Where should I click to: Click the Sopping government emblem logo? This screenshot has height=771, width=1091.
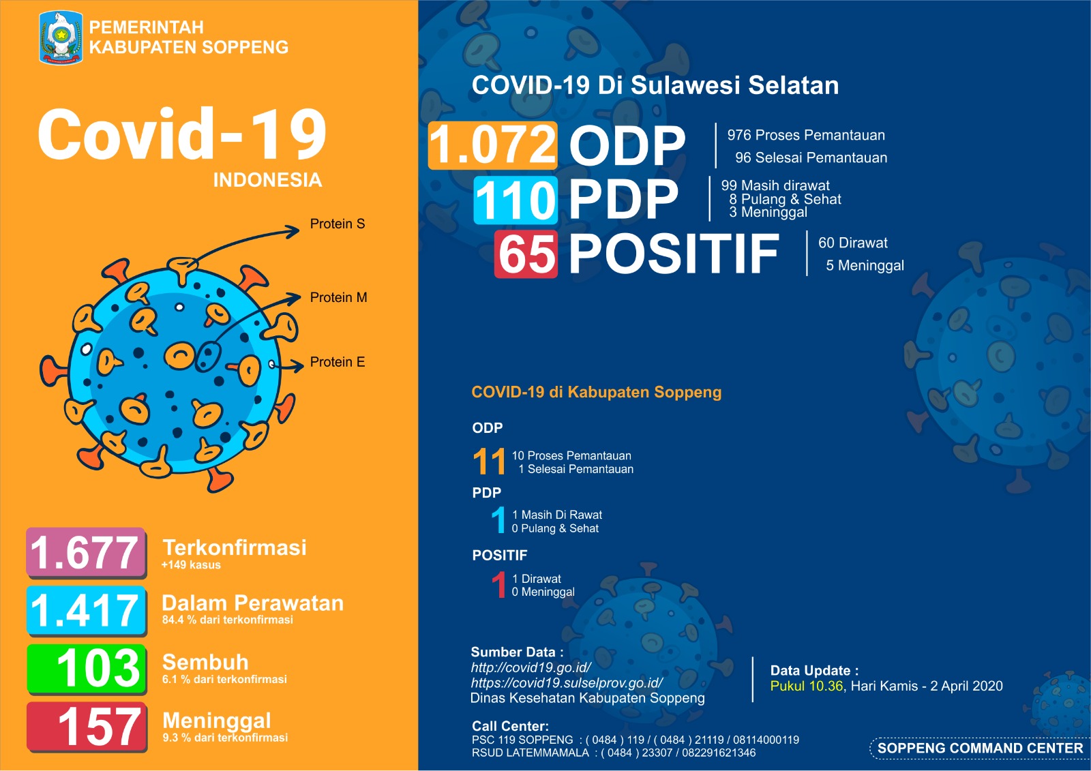click(61, 38)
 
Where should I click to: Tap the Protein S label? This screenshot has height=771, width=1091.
click(337, 224)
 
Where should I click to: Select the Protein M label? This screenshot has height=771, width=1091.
click(338, 297)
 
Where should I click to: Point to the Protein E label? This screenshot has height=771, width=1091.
click(337, 362)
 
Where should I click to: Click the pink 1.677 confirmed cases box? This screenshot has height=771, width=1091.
click(86, 552)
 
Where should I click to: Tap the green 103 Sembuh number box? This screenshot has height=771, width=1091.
click(87, 668)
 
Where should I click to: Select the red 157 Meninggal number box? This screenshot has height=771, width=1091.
click(87, 727)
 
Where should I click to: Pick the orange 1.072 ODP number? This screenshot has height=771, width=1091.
click(492, 145)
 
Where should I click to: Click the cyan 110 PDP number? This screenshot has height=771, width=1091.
click(515, 200)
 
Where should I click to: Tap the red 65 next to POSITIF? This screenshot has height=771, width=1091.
click(526, 254)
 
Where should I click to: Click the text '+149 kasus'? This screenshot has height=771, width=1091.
click(191, 565)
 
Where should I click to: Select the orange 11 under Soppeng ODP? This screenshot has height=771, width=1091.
click(489, 462)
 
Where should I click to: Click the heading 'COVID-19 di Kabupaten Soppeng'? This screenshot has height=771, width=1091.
click(596, 392)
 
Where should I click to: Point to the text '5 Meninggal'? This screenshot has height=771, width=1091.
click(865, 265)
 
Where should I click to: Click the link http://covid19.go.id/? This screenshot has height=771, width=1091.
click(530, 667)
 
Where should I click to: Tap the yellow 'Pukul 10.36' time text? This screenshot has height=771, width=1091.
click(806, 686)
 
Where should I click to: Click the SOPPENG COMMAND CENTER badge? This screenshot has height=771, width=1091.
click(979, 748)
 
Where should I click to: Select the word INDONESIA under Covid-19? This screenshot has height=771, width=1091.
click(267, 180)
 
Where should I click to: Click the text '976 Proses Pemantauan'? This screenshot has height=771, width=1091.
click(806, 135)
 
